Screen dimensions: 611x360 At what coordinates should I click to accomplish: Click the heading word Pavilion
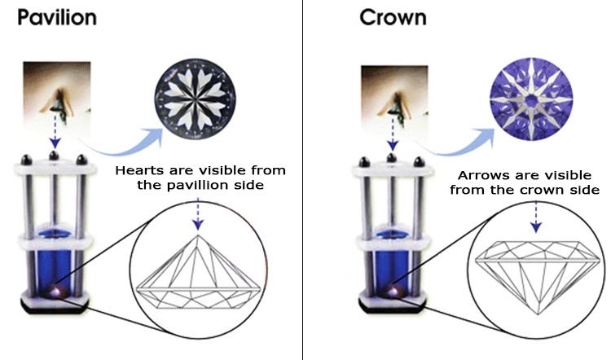coord(57,18)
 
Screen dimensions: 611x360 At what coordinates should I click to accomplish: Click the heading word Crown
coord(393,18)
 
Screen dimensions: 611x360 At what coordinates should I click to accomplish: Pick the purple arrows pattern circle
coord(530,99)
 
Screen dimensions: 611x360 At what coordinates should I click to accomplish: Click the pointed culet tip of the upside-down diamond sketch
coord(198,235)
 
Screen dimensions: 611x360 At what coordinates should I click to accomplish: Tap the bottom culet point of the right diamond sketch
coord(538,314)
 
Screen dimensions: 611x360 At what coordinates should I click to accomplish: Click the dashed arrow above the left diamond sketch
coord(198,213)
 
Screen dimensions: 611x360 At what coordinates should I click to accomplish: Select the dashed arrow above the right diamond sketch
coord(536,217)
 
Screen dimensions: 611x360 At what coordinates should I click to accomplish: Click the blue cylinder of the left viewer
coord(54,261)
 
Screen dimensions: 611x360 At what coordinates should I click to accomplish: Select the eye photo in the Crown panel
coord(394,99)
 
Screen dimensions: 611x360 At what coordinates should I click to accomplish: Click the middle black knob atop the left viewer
coord(54,156)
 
